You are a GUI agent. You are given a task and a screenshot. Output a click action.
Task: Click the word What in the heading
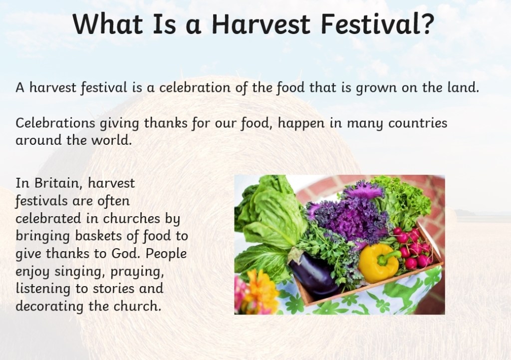tap(108, 24)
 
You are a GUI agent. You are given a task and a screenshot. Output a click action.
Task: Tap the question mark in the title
tap(426, 23)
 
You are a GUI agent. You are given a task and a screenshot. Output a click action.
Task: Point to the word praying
tap(137, 272)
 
